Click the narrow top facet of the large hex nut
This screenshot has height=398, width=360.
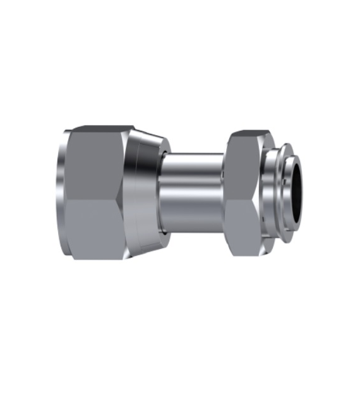101,128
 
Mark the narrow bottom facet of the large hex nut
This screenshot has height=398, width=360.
101,257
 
